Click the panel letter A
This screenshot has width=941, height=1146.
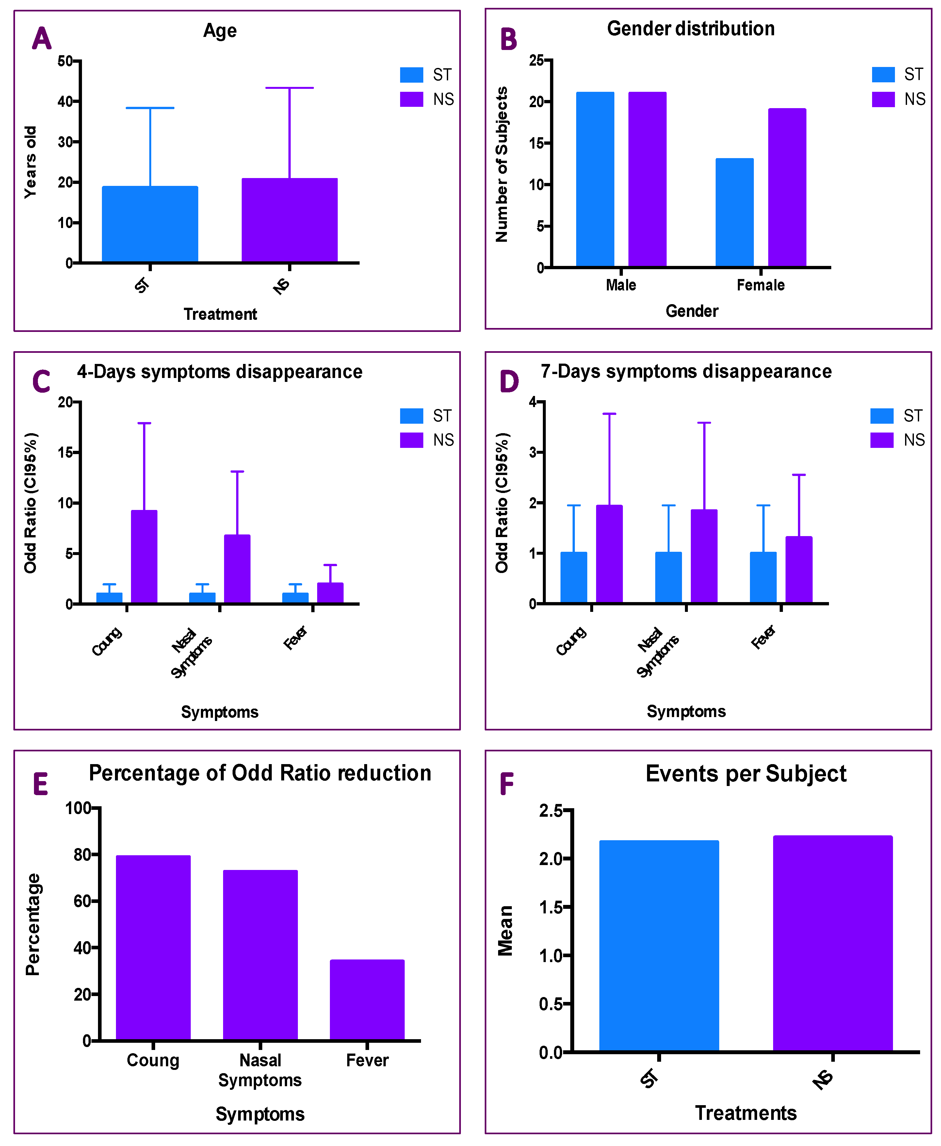(42, 39)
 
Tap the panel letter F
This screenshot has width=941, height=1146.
(506, 784)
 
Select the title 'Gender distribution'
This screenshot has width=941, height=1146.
(690, 29)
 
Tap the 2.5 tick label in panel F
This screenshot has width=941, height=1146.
(551, 811)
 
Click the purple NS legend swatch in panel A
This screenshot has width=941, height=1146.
(412, 99)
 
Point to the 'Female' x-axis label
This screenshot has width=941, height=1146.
(760, 285)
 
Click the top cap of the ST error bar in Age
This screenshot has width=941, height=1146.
(150, 108)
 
